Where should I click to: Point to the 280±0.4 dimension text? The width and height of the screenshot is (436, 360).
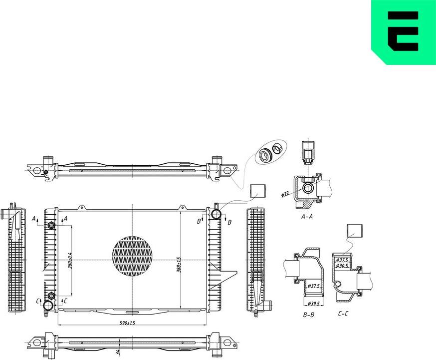70,260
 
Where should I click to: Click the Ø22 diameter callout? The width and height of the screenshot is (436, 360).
286,193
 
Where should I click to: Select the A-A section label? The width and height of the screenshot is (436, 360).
307,217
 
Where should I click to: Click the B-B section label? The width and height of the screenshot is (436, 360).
308,315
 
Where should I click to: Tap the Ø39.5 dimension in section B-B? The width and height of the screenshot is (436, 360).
314,304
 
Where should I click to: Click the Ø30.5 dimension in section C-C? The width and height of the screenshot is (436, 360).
342,266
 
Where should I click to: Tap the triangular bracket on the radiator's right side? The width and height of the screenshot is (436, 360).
228,276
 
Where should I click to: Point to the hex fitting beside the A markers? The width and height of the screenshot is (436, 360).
51,225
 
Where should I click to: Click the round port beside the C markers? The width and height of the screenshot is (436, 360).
49,306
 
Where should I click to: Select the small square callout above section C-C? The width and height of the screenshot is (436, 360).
354,231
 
